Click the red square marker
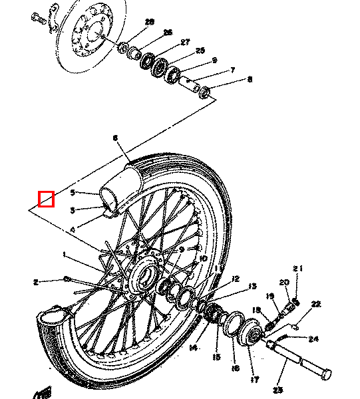point(46,198)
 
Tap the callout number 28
point(149,22)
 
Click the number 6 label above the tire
point(114,138)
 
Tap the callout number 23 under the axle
point(278,389)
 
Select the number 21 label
point(297,269)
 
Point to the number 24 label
point(313,338)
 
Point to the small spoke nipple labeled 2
point(68,279)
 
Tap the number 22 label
point(315,304)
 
